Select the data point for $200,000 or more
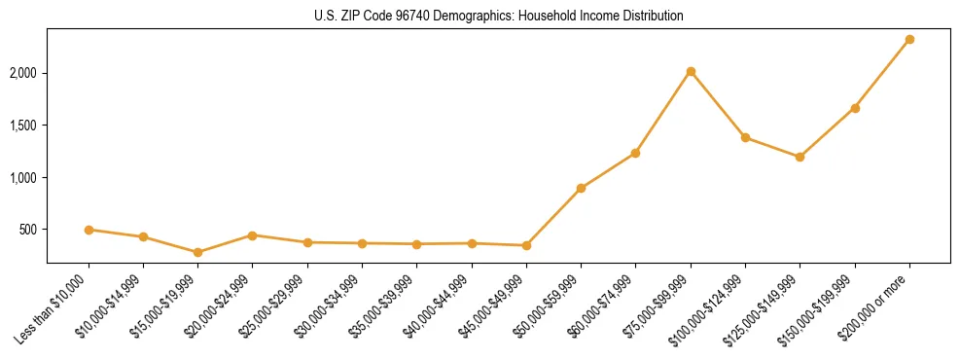click(909, 40)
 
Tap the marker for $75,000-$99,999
click(691, 72)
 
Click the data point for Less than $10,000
click(89, 230)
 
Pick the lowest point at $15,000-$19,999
click(197, 252)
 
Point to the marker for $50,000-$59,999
click(581, 188)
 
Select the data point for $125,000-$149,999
click(800, 157)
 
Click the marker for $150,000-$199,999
click(855, 108)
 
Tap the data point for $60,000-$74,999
click(635, 153)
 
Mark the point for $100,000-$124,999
click(745, 137)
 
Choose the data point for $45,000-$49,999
click(526, 245)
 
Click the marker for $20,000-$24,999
click(252, 235)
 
